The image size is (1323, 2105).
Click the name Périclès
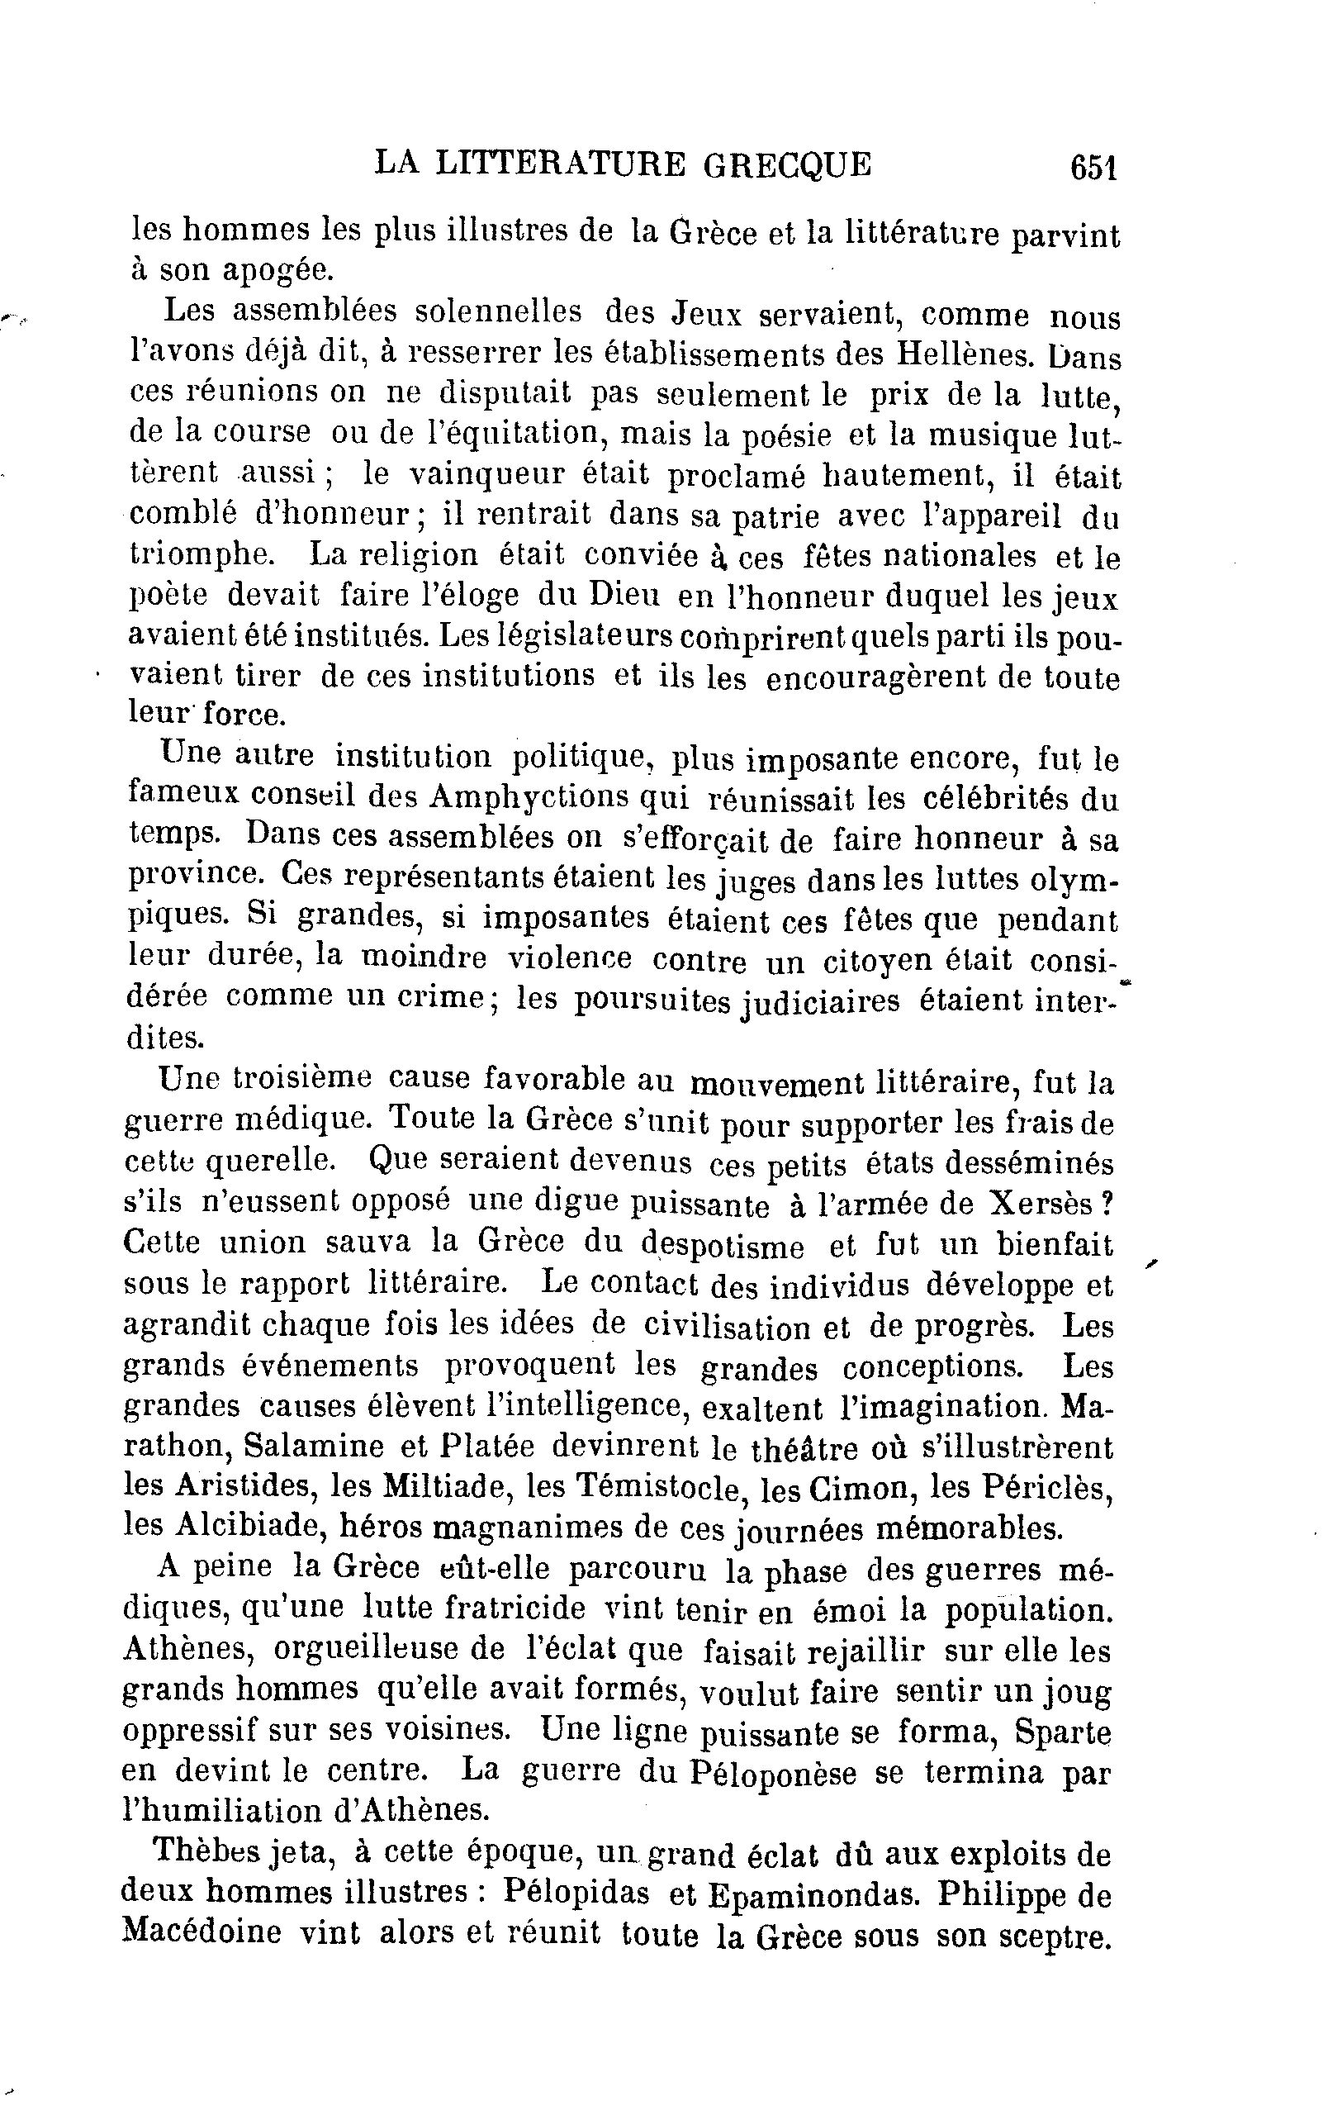click(1048, 1485)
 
